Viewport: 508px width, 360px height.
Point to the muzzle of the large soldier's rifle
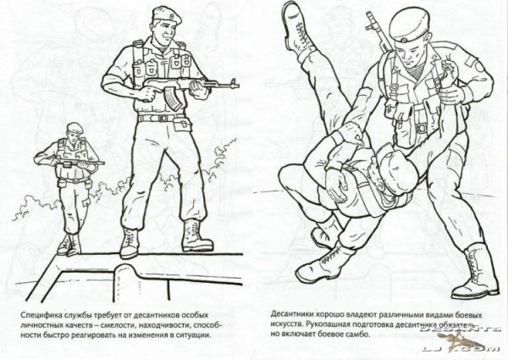236,82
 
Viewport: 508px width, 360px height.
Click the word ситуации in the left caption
191,335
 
